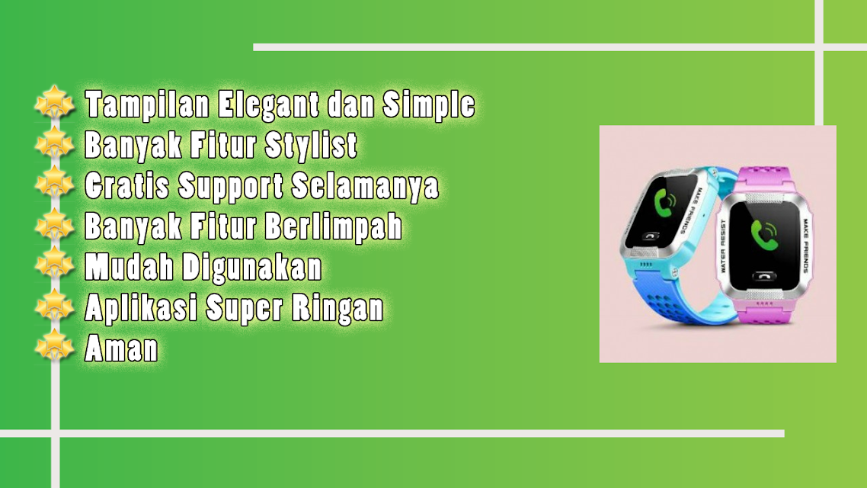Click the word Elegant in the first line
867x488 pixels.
pos(268,104)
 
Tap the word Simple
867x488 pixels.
pos(428,104)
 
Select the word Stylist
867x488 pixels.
pos(311,146)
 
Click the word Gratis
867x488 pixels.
pos(127,185)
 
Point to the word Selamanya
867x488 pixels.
pos(365,186)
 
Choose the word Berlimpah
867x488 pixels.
pos(334,227)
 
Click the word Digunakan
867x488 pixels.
pos(252,268)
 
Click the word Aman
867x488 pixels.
pos(121,348)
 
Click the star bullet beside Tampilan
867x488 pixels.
pos(54,102)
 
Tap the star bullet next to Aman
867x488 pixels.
pos(54,346)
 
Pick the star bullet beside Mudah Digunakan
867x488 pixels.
pos(54,265)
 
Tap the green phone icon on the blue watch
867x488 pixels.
pos(666,203)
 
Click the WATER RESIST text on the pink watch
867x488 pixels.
pos(723,246)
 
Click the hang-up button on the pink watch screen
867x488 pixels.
pos(764,277)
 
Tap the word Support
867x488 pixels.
pos(231,187)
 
